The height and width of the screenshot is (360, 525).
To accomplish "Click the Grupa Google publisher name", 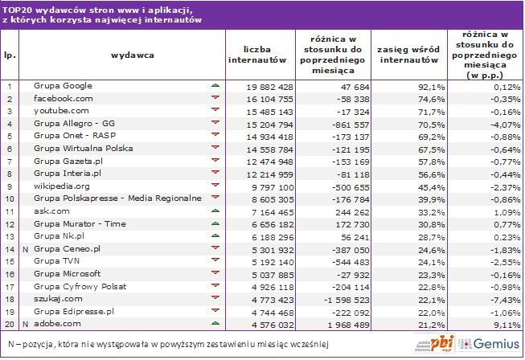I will pos(64,85).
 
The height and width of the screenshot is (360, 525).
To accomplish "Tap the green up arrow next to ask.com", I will pos(215,210).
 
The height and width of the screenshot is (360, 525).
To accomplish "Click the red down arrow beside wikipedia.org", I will pos(215,185).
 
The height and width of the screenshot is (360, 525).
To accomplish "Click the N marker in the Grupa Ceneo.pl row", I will pos(26,248).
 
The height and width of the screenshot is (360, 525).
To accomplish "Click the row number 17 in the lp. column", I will pos(10,286).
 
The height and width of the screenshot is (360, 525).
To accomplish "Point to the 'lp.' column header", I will pos(10,55).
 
